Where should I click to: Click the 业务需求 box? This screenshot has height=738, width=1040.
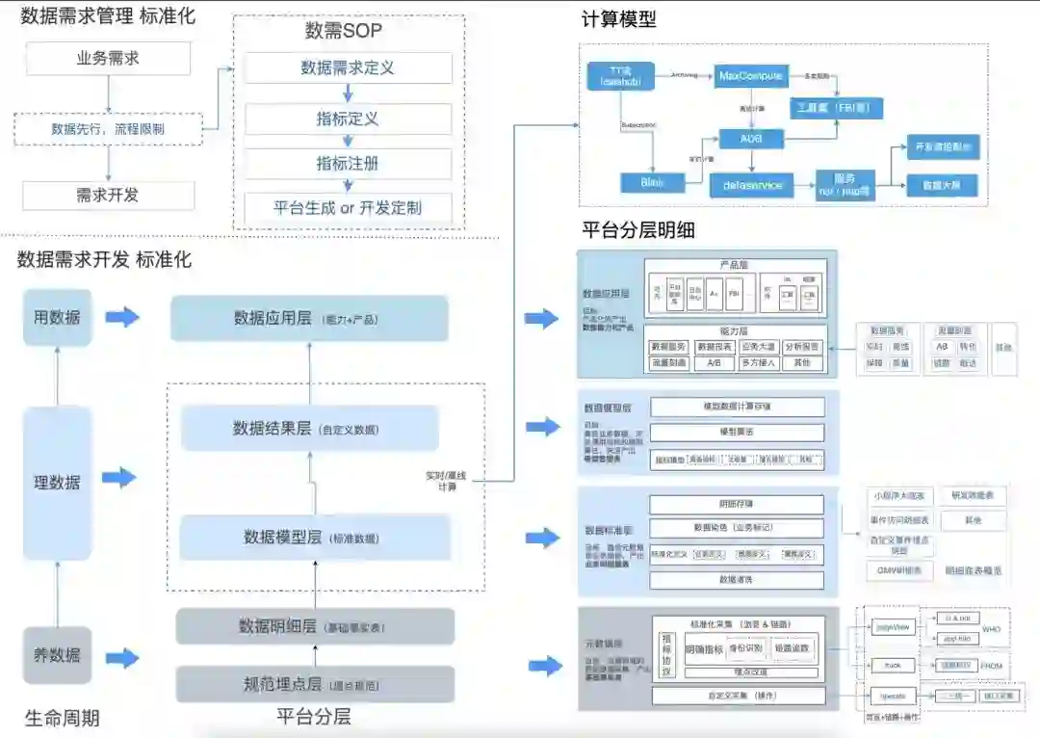pyautogui.click(x=108, y=59)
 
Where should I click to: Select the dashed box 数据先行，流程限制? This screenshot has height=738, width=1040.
pyautogui.click(x=108, y=128)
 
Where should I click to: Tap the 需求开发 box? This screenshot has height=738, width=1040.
pyautogui.click(x=108, y=195)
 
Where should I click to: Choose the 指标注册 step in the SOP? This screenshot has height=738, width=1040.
pyautogui.click(x=348, y=163)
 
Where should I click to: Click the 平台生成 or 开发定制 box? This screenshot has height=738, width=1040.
pyautogui.click(x=348, y=207)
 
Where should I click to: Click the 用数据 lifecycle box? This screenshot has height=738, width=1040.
pyautogui.click(x=58, y=317)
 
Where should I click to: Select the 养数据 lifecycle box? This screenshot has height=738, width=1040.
pyautogui.click(x=58, y=655)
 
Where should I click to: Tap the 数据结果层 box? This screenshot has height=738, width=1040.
pyautogui.click(x=309, y=428)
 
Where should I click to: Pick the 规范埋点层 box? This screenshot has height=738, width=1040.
pyautogui.click(x=315, y=685)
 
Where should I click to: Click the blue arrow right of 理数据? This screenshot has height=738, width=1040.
pyautogui.click(x=120, y=477)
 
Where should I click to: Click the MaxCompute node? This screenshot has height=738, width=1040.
pyautogui.click(x=751, y=75)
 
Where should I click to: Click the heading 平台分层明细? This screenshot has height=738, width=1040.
pyautogui.click(x=638, y=231)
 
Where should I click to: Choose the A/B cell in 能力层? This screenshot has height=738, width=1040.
pyautogui.click(x=714, y=363)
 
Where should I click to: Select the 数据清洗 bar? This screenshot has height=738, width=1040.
pyautogui.click(x=737, y=580)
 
